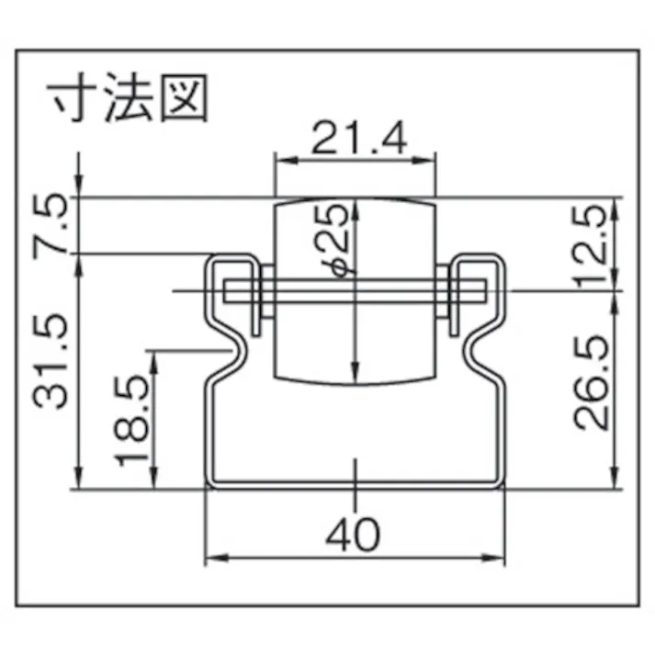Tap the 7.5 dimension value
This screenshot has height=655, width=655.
(x=55, y=224)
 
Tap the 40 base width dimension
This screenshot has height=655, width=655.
(x=353, y=535)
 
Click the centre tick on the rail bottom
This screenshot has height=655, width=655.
(x=355, y=470)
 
